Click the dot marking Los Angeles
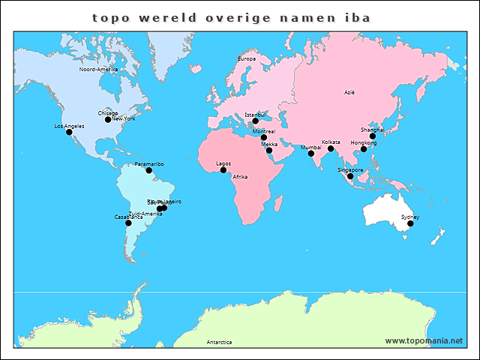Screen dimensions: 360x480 (x=69, y=132)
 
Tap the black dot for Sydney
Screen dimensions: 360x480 (x=410, y=223)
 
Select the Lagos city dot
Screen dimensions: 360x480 (x=223, y=169)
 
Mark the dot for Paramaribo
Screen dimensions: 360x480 (x=148, y=170)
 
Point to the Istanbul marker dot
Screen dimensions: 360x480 (x=255, y=121)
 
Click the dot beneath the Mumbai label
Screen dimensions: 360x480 (x=311, y=154)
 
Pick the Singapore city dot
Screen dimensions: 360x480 (x=350, y=176)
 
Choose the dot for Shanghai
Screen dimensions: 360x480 (x=373, y=136)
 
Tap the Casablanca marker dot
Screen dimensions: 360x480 (x=128, y=223)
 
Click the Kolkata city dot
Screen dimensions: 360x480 (x=331, y=148)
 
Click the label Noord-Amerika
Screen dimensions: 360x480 (x=98, y=69)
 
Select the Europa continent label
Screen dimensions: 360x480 (x=247, y=58)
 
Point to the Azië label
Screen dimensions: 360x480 (x=349, y=92)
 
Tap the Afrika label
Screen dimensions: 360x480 (x=240, y=177)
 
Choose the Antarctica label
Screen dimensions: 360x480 (x=219, y=342)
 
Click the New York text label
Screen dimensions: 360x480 (x=124, y=118)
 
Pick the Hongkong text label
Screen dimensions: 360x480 (x=364, y=142)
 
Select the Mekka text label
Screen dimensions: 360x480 (x=269, y=144)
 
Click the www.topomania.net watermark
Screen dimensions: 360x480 (x=424, y=340)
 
